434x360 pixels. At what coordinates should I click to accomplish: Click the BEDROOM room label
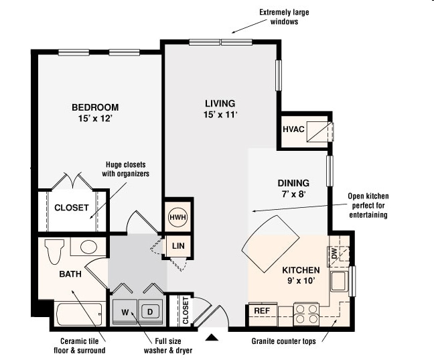[95, 107]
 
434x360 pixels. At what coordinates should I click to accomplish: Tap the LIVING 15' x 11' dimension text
[220, 115]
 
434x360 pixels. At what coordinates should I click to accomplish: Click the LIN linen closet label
[178, 246]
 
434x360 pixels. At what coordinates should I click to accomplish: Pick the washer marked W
[125, 312]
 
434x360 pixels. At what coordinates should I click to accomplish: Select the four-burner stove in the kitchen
[307, 313]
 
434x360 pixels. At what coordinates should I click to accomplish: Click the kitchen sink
[338, 281]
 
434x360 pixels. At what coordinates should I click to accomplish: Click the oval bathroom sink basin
[88, 247]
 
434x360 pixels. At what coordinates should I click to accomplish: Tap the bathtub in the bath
[79, 314]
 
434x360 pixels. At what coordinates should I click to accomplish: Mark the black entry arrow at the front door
[212, 337]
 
